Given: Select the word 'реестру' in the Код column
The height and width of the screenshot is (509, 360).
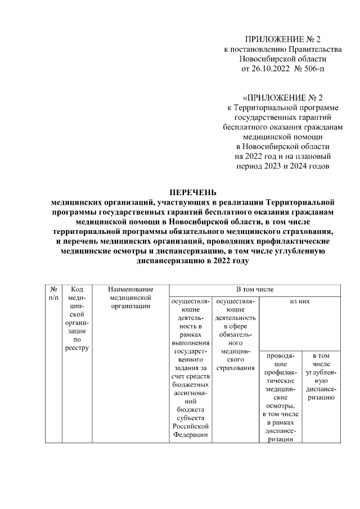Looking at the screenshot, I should (x=78, y=348).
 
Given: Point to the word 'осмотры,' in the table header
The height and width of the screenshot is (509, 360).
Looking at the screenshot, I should (x=280, y=405).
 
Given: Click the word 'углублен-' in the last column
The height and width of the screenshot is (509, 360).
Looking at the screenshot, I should (x=321, y=372).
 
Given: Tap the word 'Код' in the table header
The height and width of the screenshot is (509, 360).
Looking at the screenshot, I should (x=78, y=289).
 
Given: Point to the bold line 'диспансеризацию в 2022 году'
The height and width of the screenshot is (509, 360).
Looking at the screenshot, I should (x=192, y=261).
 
